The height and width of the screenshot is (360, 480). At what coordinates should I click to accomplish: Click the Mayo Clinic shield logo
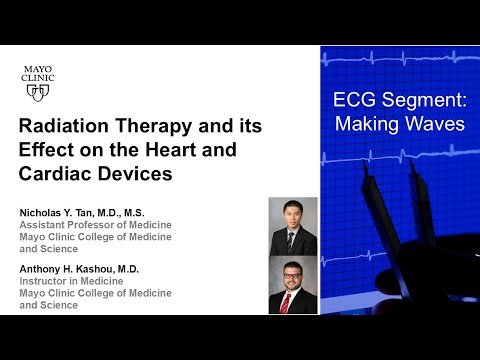tap(38, 91)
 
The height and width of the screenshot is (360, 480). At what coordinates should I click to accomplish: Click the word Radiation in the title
tap(66, 128)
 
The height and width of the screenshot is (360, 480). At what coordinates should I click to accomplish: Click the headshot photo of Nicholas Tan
tap(293, 226)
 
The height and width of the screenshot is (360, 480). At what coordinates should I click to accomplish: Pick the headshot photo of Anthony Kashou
tap(293, 285)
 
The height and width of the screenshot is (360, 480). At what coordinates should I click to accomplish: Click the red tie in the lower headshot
tap(293, 302)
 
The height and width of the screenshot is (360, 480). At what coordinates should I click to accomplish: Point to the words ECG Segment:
tap(399, 101)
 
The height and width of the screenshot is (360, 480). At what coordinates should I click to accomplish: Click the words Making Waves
tap(399, 125)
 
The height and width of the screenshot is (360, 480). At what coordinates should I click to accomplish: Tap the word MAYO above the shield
tap(38, 68)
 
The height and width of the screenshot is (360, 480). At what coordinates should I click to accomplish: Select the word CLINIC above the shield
tap(38, 77)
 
